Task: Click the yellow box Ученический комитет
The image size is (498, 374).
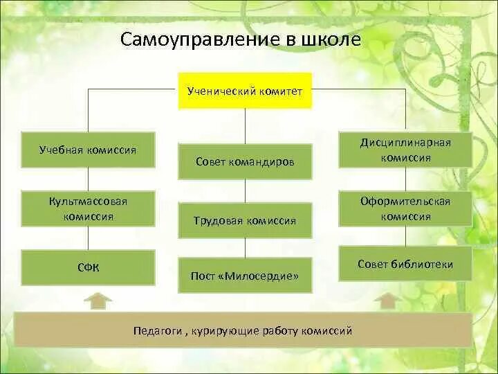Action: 245,91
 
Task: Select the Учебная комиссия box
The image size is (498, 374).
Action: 88,150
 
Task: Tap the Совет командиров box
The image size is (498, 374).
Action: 245,161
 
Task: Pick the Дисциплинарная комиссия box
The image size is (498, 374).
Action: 405,150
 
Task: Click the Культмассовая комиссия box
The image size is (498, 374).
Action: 88,208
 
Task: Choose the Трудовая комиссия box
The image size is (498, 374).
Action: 245,220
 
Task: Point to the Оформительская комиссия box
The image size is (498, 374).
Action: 405,208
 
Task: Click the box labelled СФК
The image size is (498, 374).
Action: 88,267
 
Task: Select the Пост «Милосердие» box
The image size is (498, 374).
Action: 245,276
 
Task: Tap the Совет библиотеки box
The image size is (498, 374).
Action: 405,264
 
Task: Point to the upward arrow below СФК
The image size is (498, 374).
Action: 100,301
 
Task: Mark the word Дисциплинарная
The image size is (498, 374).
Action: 405,143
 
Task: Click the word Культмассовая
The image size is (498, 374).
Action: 88,201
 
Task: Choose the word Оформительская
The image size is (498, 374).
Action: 405,201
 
